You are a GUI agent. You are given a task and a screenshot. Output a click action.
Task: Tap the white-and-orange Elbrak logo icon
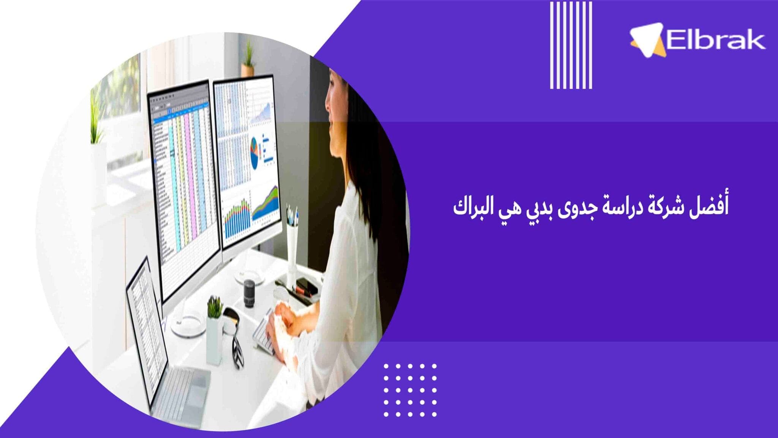coord(648,40)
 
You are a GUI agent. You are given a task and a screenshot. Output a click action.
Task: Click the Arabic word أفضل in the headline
coord(709,206)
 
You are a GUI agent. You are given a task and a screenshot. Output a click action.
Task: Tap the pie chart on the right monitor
coord(254,152)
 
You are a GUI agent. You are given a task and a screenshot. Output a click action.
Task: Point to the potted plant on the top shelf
coord(248,59)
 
